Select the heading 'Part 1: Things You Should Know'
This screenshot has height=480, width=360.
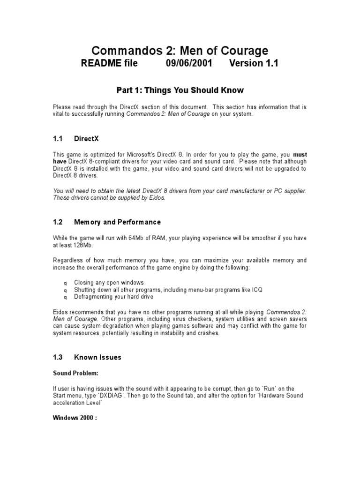pos(180,90)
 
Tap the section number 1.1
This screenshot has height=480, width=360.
pos(58,139)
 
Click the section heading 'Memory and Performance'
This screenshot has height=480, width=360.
pos(117,222)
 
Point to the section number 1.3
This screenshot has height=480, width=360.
pos(58,357)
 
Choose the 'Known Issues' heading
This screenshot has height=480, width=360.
pos(97,357)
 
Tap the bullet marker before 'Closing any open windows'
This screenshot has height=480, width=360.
pos(65,284)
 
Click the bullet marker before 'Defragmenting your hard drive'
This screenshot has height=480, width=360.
pos(65,297)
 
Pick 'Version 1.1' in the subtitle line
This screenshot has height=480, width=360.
pos(254,63)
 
